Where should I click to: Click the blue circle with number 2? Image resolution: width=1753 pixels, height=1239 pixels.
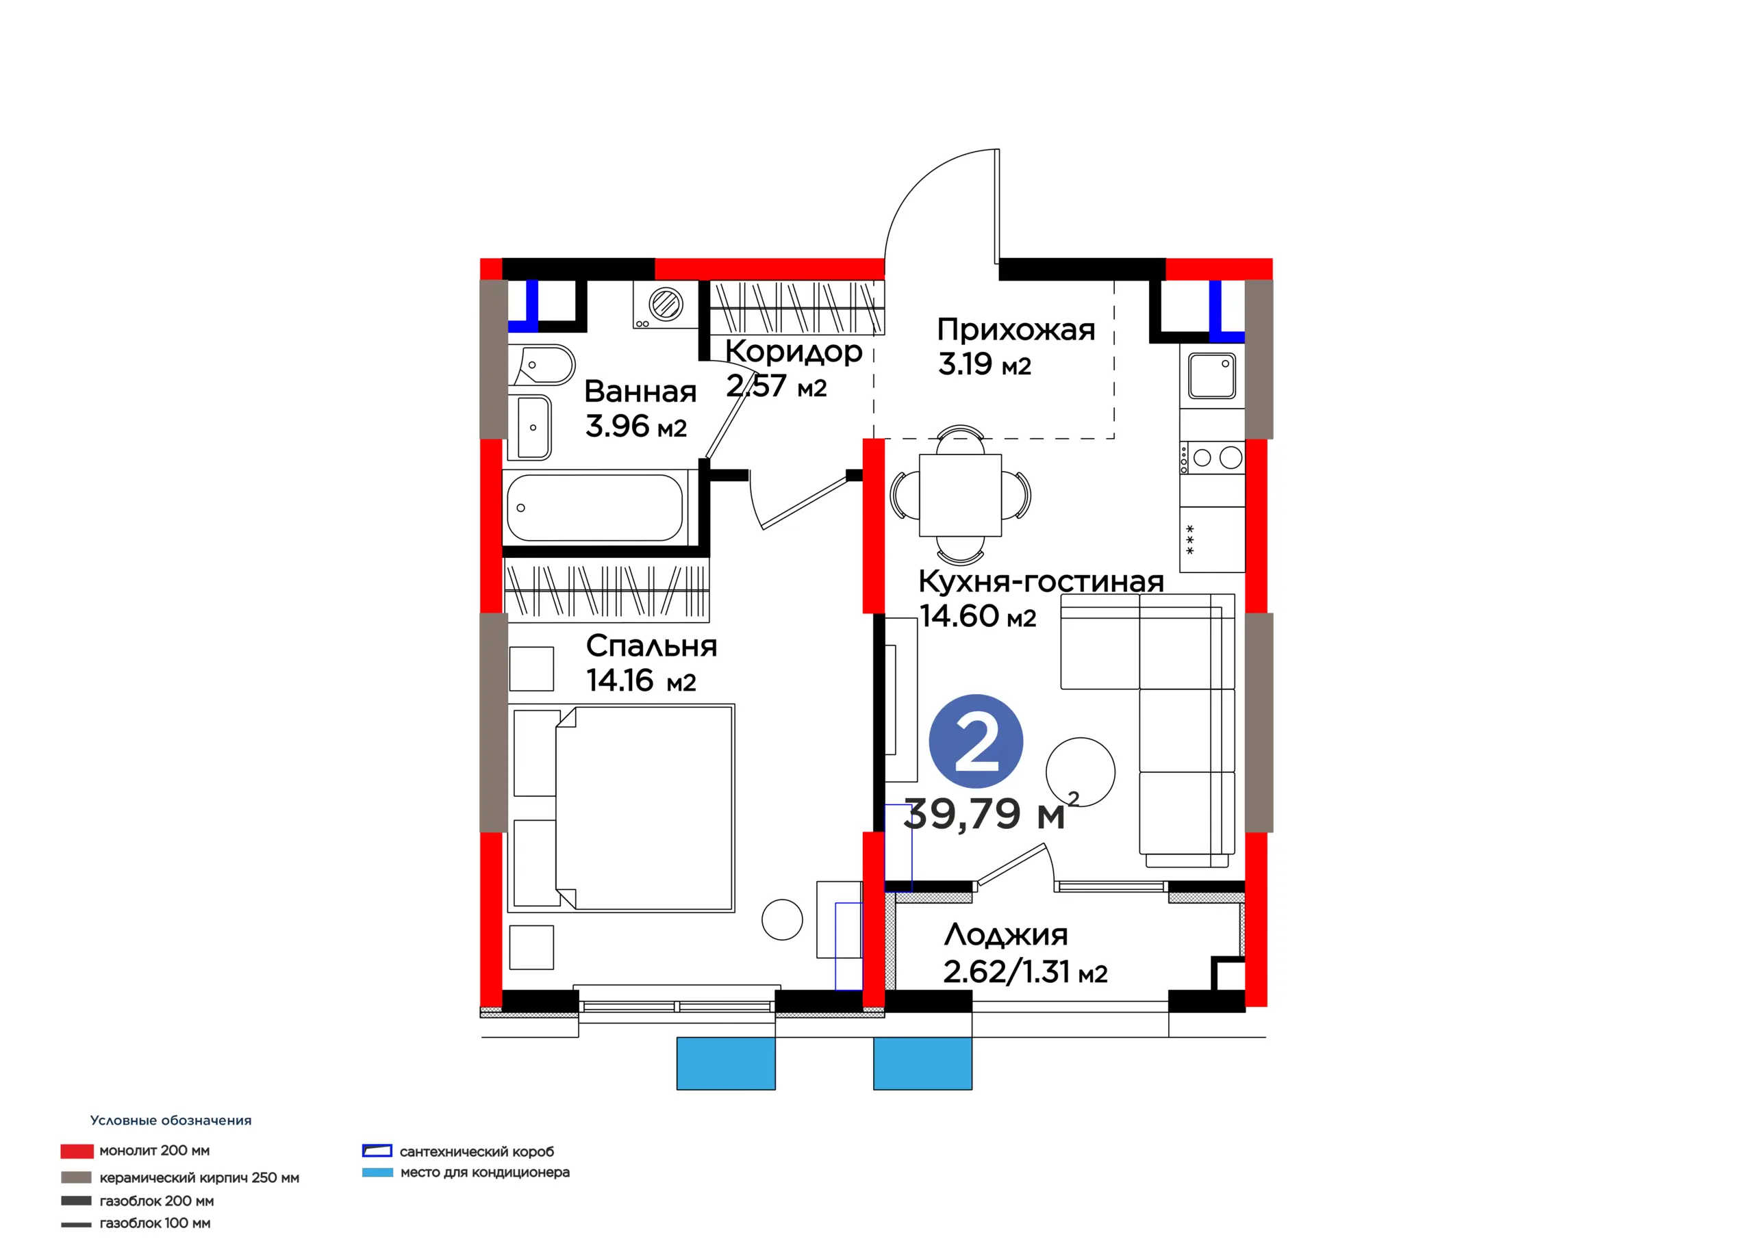[976, 741]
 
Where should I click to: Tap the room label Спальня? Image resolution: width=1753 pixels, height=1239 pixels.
[651, 646]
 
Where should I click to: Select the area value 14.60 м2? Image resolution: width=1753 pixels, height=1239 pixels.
[977, 615]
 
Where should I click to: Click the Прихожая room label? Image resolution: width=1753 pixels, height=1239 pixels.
[1016, 330]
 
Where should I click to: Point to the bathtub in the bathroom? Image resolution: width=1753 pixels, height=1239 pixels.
[595, 508]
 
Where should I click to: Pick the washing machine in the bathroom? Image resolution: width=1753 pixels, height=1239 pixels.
[665, 305]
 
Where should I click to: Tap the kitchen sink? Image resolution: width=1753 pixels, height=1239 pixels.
[1211, 375]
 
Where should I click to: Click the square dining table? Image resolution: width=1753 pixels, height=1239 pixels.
[960, 496]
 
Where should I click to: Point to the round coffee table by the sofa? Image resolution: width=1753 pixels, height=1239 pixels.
[1080, 771]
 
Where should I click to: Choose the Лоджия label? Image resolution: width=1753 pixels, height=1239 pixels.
[1005, 935]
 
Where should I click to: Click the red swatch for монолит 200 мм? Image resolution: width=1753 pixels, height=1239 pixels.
[77, 1151]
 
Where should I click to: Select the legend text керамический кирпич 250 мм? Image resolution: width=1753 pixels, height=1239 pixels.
[199, 1178]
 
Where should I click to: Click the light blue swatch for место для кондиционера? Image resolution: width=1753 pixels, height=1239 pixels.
[377, 1172]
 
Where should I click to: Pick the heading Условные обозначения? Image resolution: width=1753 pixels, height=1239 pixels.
[171, 1121]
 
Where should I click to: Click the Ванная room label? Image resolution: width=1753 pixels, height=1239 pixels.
[640, 392]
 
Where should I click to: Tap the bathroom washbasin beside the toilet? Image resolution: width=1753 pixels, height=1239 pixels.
[532, 428]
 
